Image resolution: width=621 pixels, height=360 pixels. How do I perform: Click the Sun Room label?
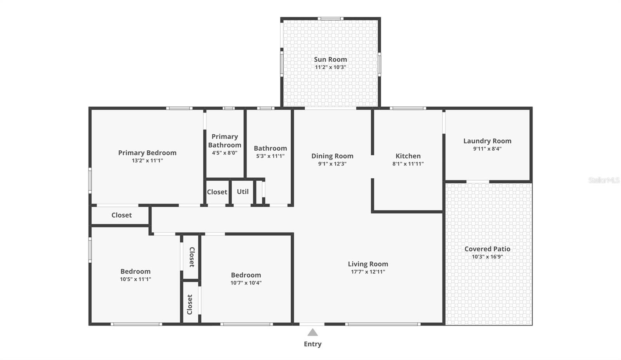tap(330, 59)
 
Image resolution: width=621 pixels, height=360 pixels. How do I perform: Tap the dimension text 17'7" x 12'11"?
tap(368, 272)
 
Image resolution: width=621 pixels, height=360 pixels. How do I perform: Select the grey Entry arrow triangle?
tap(313, 332)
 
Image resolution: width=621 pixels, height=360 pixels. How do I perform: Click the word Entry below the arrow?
tap(312, 344)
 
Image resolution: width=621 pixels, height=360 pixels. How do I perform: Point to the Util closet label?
tap(243, 192)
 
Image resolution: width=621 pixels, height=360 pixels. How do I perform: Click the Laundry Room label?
tap(487, 141)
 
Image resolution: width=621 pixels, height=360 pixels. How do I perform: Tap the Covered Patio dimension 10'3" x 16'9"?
tap(487, 257)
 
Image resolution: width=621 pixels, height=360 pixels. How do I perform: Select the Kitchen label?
tap(408, 156)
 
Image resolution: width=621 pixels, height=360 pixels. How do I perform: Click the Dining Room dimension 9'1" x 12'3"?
tap(332, 164)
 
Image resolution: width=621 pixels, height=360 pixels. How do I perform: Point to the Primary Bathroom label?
tap(225, 141)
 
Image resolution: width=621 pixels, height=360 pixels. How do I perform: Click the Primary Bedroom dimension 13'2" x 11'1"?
tap(147, 160)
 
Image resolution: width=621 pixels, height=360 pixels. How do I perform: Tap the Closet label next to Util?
tap(217, 192)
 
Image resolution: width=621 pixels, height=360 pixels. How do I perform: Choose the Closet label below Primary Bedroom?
tap(121, 215)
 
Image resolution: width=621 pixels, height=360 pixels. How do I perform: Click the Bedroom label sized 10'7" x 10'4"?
tap(246, 275)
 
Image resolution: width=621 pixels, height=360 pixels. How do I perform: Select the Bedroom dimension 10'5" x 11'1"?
tap(135, 279)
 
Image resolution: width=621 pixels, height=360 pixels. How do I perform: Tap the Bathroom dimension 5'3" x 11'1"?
tap(270, 156)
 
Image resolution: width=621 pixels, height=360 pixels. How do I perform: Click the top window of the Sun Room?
tap(330, 18)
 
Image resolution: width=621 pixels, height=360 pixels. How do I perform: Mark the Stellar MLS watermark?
tap(604, 180)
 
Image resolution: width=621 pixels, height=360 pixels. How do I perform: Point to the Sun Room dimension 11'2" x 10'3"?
tap(330, 67)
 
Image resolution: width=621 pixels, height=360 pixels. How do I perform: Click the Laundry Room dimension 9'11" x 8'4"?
tap(487, 149)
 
